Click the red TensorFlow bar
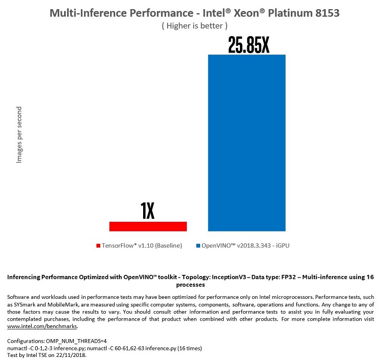click(148, 226)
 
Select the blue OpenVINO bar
click(247, 143)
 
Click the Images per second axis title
click(19, 135)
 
